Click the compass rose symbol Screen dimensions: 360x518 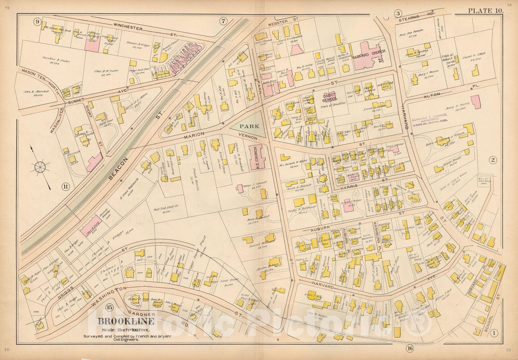(x=40, y=167)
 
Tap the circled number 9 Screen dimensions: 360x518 (x=38, y=22)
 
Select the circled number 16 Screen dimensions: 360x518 (x=410, y=349)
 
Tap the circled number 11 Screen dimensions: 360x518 (x=66, y=186)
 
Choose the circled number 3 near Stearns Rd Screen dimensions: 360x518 (x=398, y=13)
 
